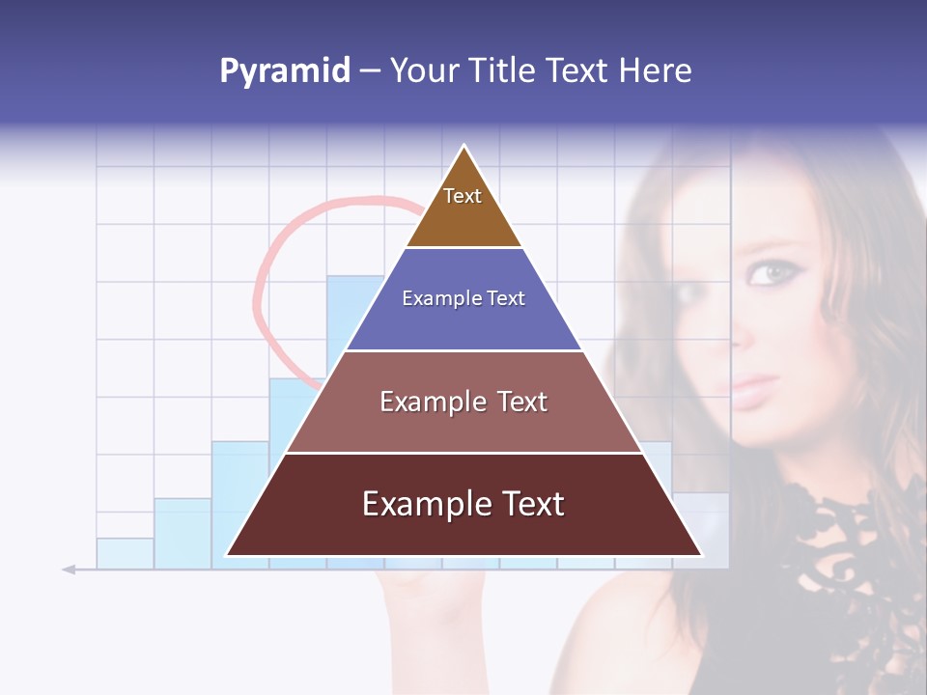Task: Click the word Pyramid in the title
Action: click(284, 71)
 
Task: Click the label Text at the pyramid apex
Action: click(463, 196)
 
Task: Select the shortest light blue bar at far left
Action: click(125, 553)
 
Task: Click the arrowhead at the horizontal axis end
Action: click(69, 570)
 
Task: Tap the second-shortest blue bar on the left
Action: click(182, 531)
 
